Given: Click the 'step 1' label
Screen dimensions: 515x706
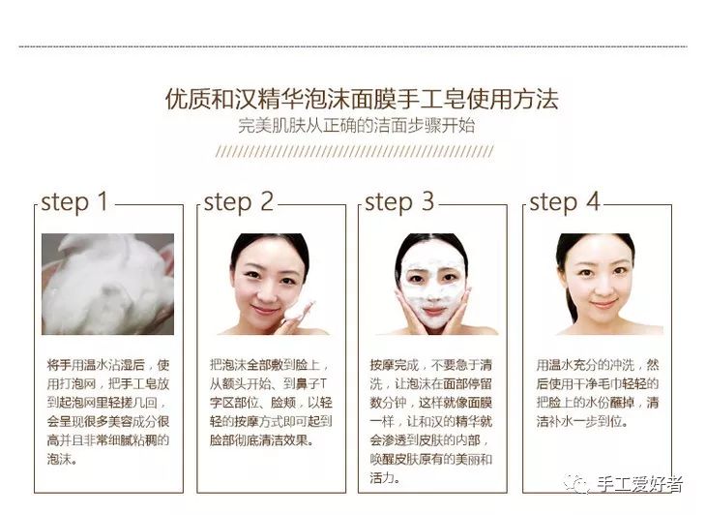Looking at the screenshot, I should pos(74,202).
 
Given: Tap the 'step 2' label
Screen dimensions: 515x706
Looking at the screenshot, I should pos(238,202).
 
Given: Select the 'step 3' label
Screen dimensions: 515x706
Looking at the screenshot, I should pos(399,202).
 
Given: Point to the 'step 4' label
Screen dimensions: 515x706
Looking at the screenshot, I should pos(565,202).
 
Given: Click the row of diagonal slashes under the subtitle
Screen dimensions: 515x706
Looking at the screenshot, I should pos(354,152).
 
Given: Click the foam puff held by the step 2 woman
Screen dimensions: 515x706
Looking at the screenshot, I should pos(303,312).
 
